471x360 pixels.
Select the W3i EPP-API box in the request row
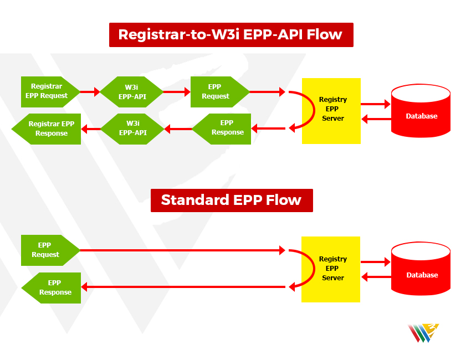pos(131,92)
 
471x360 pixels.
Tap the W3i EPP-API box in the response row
pos(132,129)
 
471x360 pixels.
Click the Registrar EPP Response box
pos(47,129)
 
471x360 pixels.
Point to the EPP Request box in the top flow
pos(220,92)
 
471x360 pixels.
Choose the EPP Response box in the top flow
pos(222,129)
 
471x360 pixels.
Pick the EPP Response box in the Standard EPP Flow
pos(52,288)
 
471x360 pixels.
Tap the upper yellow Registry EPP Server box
pos(331,111)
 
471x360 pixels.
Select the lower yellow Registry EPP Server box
pos(331,269)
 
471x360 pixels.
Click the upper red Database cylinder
pos(421,111)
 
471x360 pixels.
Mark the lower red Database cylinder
pos(421,269)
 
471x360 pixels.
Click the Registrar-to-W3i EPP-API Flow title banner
pos(231,35)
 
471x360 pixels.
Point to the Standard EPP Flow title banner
pos(232,200)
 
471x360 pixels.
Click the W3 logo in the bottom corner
pos(423,333)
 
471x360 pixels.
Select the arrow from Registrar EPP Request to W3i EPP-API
pos(90,91)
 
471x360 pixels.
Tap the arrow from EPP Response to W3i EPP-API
pos(178,129)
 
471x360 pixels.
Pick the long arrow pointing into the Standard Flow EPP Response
pos(183,287)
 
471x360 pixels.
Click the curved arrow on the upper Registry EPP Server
pos(314,110)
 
